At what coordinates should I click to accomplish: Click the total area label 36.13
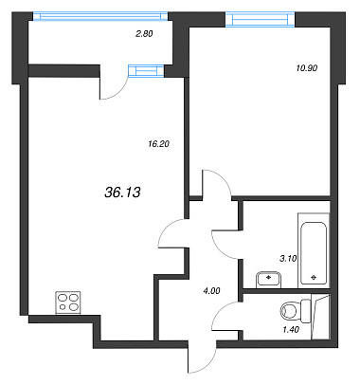pos(122,192)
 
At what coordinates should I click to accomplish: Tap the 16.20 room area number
pos(158,144)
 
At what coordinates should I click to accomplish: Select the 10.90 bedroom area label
pos(307,68)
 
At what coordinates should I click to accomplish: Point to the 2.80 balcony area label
pos(144,34)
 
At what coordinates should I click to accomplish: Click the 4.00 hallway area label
pos(211,291)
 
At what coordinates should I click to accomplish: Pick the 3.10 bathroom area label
pos(288,259)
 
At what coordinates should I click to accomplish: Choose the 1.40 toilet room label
pos(291,330)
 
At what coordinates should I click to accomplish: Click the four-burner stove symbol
pos(68,302)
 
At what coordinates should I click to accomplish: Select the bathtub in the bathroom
pos(314,250)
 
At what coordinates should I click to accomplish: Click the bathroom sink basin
pos(268,280)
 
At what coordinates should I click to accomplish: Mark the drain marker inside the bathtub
pos(314,278)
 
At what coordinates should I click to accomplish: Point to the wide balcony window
pos(100,16)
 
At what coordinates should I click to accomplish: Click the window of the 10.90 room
pos(261,20)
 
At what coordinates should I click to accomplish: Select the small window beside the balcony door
pos(146,71)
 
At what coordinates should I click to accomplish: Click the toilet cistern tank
pos(305,311)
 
